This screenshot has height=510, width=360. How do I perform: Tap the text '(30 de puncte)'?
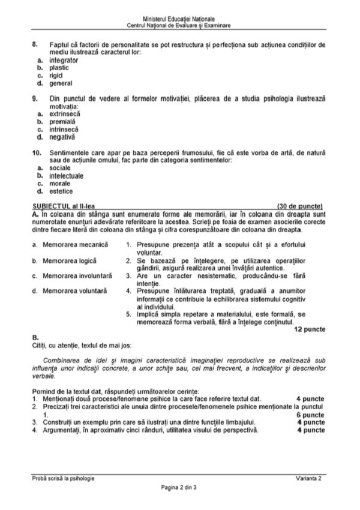pyautogui.click(x=301, y=205)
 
